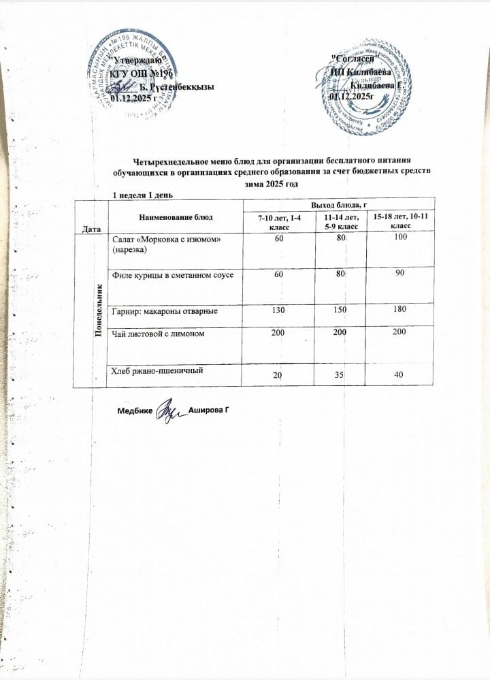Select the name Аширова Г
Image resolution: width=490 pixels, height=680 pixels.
212,412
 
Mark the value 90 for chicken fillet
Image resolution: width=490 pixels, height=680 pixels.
399,273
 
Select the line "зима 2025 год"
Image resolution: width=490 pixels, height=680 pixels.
272,184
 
